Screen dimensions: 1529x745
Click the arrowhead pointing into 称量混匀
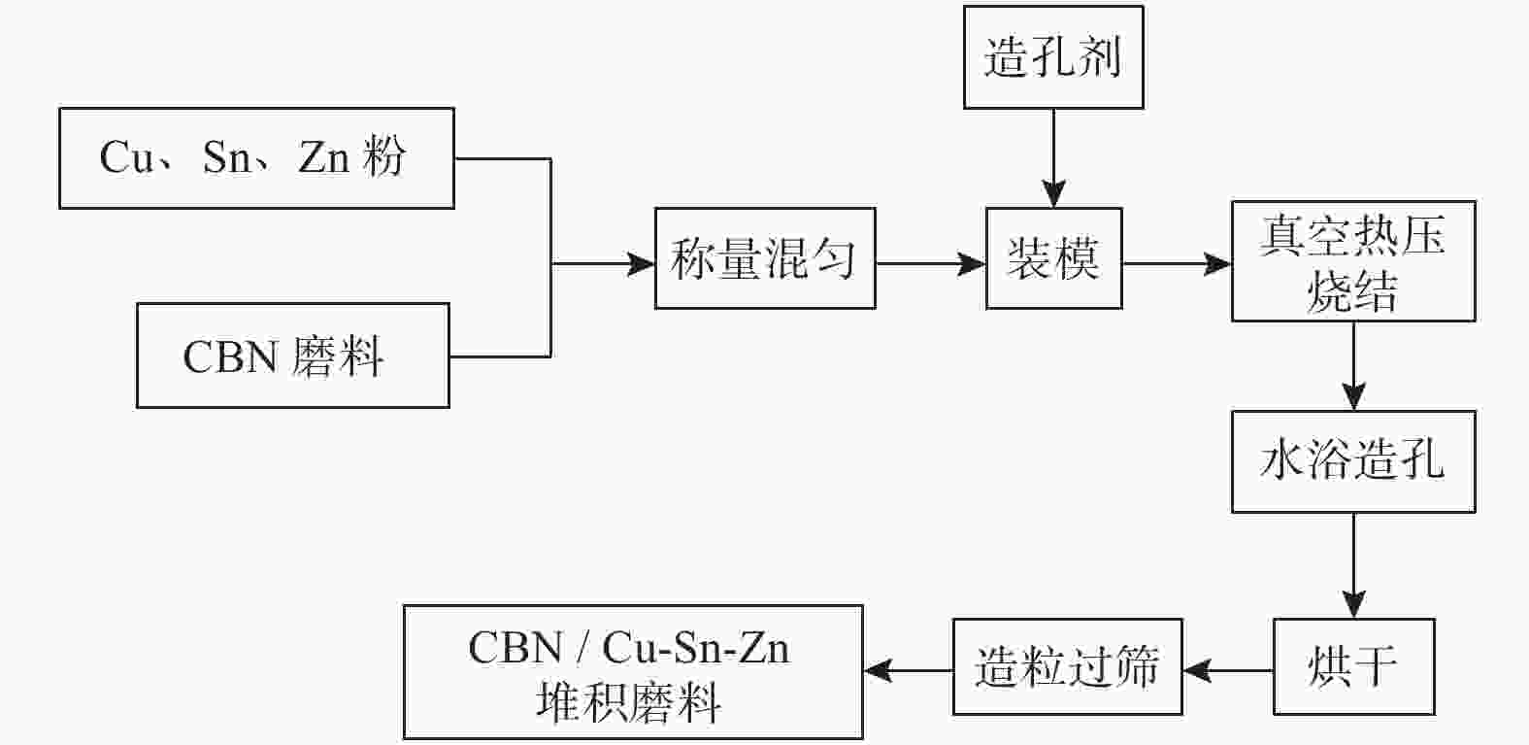click(641, 263)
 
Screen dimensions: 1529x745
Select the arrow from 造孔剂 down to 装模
click(1054, 158)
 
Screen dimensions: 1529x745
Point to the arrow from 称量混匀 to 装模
click(931, 263)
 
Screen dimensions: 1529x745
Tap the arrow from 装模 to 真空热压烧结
click(1178, 263)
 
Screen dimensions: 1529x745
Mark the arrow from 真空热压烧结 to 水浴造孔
click(1353, 366)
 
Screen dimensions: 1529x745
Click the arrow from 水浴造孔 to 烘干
click(1353, 565)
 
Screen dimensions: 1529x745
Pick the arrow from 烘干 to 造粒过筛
click(1228, 670)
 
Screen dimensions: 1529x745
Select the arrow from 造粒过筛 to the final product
click(909, 670)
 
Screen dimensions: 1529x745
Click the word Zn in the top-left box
click(324, 157)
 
